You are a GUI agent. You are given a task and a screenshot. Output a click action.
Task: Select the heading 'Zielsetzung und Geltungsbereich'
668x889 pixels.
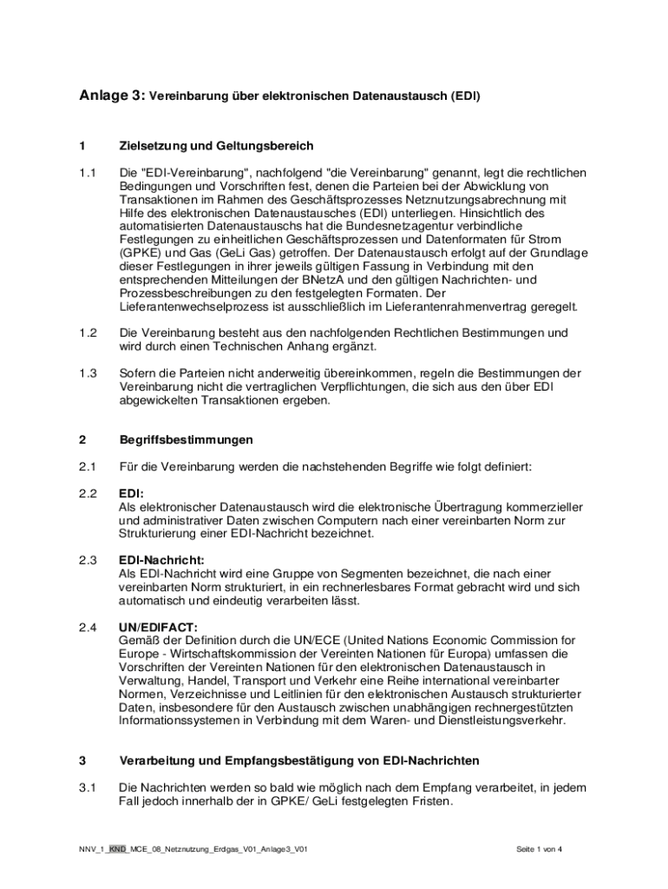coord(216,145)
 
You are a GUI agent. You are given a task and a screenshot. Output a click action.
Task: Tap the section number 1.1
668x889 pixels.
coord(87,172)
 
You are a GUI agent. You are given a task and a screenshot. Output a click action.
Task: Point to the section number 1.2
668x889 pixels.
coord(87,333)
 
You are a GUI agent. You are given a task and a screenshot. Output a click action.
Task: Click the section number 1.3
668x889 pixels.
coord(87,372)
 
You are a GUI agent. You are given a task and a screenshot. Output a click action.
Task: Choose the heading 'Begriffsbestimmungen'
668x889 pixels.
coord(187,439)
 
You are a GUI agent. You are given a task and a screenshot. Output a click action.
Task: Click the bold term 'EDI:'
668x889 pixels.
coord(132,493)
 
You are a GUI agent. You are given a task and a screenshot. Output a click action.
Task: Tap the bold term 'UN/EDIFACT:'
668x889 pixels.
coord(158,626)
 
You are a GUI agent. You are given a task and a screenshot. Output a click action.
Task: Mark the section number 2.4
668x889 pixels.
coord(87,626)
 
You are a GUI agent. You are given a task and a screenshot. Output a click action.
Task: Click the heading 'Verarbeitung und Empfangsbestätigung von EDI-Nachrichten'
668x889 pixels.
coord(298,761)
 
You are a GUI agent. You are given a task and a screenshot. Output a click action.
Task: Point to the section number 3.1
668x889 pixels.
coord(87,787)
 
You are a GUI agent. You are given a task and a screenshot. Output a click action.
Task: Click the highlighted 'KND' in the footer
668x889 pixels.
coord(118,848)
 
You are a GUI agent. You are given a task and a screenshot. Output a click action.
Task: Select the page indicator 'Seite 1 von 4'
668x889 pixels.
coord(539,848)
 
